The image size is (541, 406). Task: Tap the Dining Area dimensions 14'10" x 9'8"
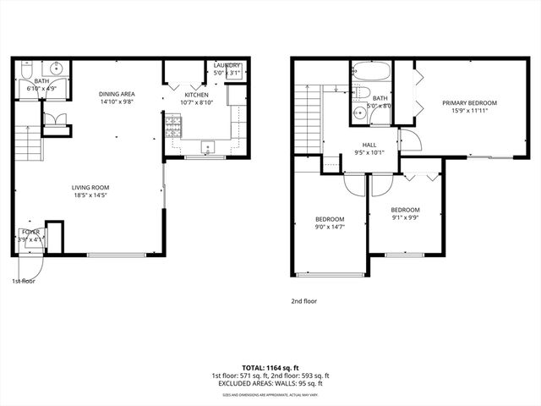point(117,102)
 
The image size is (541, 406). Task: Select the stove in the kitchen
point(173,129)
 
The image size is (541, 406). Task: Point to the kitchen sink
point(208,148)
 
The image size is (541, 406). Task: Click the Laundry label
point(227,65)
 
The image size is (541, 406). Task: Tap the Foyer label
point(30,231)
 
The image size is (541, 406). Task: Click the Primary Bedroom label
point(469,103)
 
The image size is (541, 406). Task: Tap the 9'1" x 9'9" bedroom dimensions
point(406,217)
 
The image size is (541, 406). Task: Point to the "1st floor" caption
point(24,281)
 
